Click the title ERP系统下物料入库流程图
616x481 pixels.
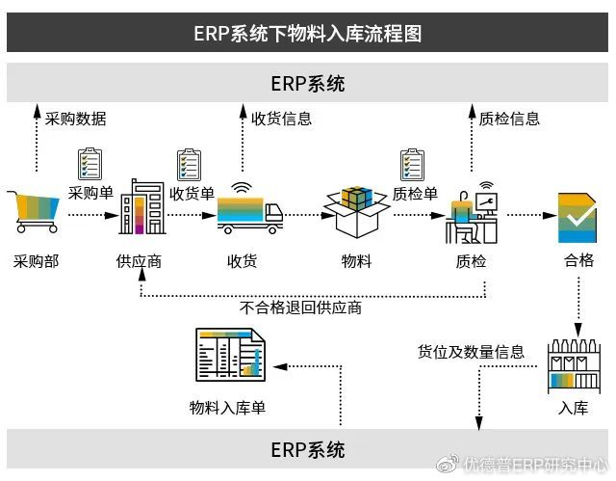[308, 34]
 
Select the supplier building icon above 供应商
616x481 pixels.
[141, 208]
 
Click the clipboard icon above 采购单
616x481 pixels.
[90, 163]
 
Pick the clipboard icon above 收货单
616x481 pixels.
[189, 163]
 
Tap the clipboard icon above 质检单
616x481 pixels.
[413, 163]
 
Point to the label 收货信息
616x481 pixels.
[282, 120]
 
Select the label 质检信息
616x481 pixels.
[510, 120]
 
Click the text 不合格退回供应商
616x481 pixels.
[301, 308]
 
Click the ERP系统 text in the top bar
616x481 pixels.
[308, 84]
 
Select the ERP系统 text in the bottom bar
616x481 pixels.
[308, 449]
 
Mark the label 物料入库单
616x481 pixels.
[227, 408]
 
